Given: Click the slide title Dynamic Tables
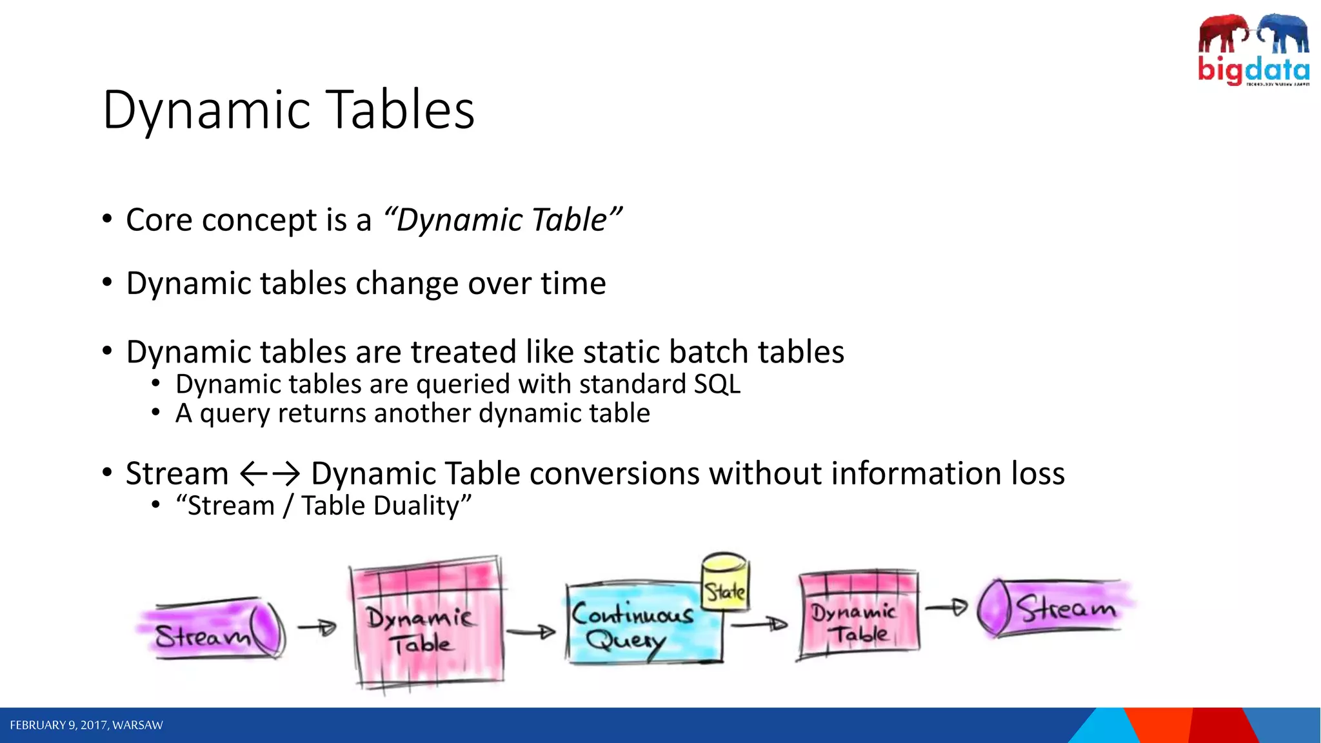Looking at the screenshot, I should click(288, 110).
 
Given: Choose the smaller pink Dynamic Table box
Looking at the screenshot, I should click(858, 614).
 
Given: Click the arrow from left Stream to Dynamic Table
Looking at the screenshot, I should click(317, 627).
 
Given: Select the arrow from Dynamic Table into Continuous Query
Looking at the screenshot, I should click(531, 632).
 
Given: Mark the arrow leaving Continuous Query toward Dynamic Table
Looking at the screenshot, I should click(759, 624).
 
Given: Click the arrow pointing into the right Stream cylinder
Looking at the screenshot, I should click(946, 607).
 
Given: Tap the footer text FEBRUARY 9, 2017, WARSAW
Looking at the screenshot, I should click(86, 726).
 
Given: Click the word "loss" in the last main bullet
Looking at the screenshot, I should click(1038, 474).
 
